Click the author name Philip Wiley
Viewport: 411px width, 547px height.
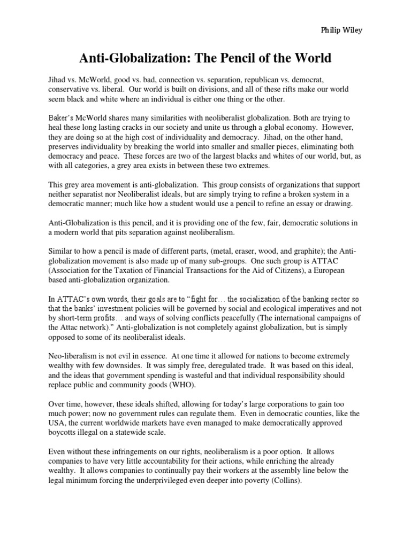(340, 31)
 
